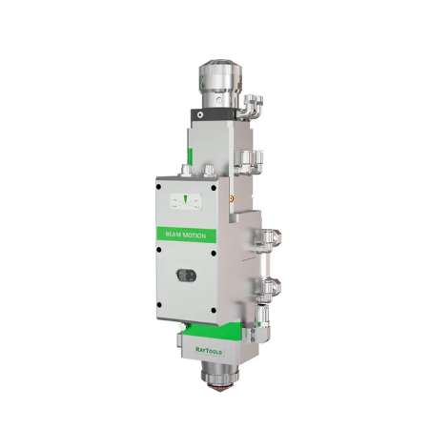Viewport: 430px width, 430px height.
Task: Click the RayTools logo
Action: [209, 351]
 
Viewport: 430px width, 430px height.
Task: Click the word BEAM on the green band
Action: [174, 235]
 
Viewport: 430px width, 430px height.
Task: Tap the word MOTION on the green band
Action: [195, 235]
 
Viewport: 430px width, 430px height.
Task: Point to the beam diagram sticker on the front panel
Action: [186, 201]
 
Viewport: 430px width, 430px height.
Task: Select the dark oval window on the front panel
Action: [186, 276]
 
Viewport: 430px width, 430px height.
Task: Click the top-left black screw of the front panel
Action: [159, 187]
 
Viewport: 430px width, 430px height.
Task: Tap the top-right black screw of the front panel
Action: [214, 188]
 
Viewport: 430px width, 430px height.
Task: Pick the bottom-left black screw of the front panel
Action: [159, 305]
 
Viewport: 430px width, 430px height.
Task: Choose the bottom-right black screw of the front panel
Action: [214, 310]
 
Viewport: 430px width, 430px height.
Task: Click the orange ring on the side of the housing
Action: [232, 199]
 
